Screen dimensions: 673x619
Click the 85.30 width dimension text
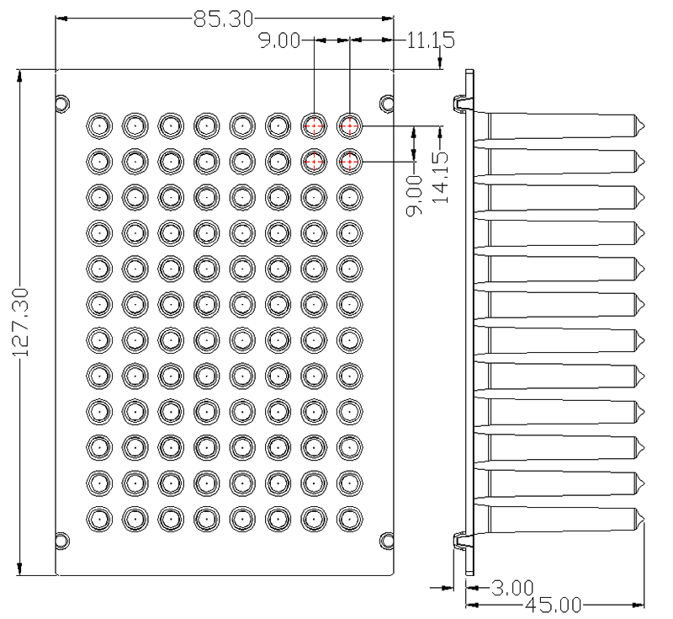(223, 19)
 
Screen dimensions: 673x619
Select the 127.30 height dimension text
(20, 323)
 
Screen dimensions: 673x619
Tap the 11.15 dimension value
(430, 40)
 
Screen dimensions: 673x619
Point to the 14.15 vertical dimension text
(439, 177)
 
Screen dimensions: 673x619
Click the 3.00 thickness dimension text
(512, 588)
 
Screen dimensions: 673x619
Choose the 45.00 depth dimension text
(554, 606)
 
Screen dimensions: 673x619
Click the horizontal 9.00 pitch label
(279, 40)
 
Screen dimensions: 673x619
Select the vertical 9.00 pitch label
(414, 195)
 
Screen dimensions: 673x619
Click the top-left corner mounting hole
(62, 104)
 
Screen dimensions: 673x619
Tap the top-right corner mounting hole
(387, 104)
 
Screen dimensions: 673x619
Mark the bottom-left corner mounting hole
(62, 541)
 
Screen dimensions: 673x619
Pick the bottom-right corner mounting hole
(387, 541)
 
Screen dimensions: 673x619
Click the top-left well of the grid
(99, 125)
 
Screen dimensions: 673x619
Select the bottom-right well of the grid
(350, 519)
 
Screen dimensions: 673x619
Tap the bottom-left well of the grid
(99, 519)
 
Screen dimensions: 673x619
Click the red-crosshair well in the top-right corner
(350, 125)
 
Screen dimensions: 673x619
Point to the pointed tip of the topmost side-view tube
(644, 125)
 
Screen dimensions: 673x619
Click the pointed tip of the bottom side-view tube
(644, 519)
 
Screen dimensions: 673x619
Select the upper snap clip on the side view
(464, 104)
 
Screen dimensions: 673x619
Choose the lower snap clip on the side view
(464, 541)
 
